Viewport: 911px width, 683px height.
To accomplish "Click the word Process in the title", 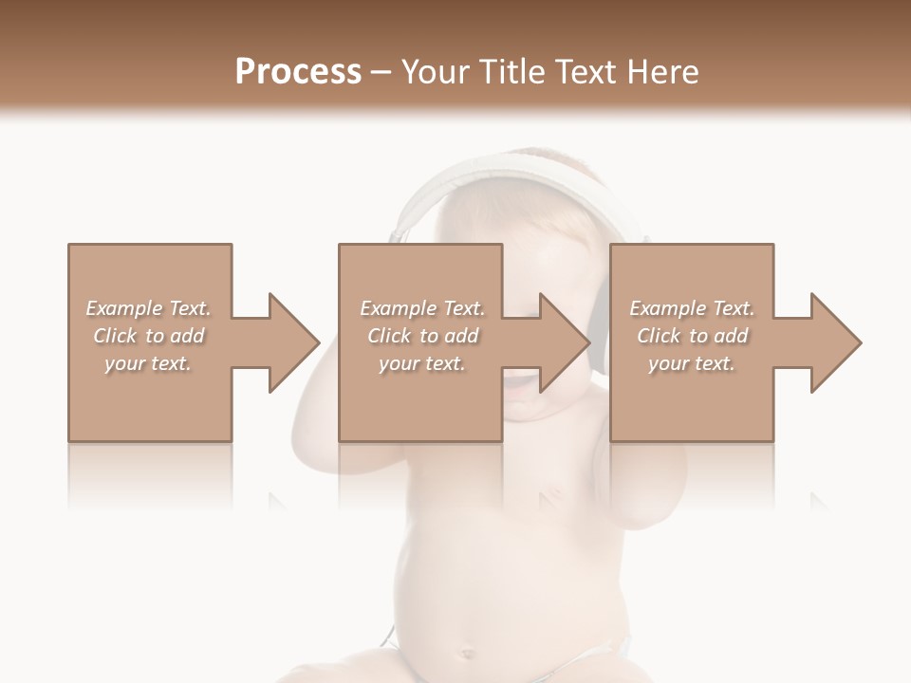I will click(x=298, y=72).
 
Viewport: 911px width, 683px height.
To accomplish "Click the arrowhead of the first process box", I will click(x=290, y=342).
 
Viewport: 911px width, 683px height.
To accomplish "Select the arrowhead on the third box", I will click(x=833, y=342).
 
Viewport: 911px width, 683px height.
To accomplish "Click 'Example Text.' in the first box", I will click(x=148, y=308).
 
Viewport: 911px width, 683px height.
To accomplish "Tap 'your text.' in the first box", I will click(x=148, y=363).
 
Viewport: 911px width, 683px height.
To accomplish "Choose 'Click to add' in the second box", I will click(x=422, y=336).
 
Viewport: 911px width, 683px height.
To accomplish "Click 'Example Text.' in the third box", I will click(x=692, y=308).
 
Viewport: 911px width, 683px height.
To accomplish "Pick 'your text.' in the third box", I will click(x=692, y=363).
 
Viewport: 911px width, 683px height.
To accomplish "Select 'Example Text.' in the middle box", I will click(x=422, y=308).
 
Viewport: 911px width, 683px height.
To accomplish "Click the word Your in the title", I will click(x=433, y=72).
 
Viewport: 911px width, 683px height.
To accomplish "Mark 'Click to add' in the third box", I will click(x=692, y=336).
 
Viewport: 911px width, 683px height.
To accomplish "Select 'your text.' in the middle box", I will click(x=422, y=363).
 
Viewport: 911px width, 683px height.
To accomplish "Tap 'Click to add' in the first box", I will click(x=148, y=336).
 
